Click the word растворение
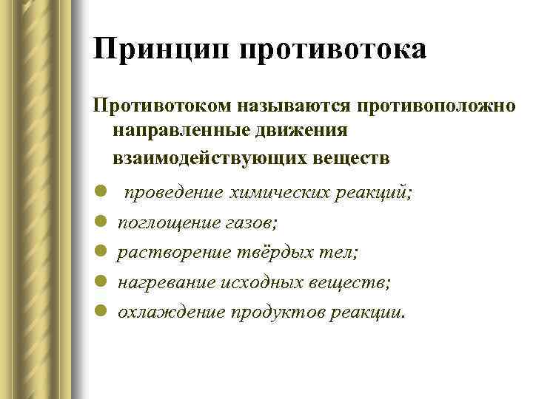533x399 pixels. point(171,252)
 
